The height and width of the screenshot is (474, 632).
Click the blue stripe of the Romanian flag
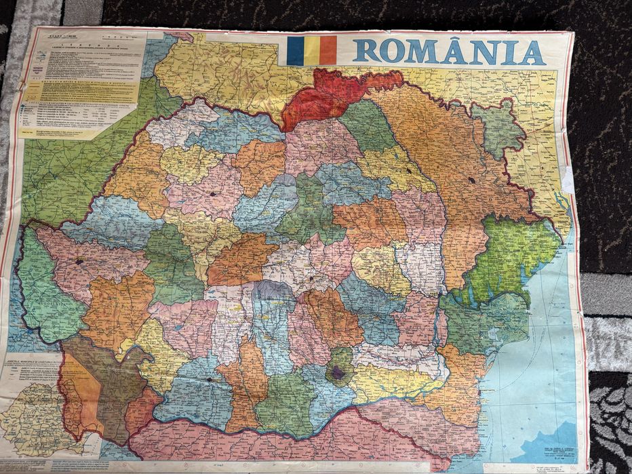click(x=295, y=51)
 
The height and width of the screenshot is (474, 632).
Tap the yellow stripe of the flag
click(x=312, y=51)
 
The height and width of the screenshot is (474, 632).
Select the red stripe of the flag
click(x=328, y=51)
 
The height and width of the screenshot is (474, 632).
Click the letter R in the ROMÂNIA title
click(x=367, y=52)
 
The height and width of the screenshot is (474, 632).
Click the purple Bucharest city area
click(x=338, y=371)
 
